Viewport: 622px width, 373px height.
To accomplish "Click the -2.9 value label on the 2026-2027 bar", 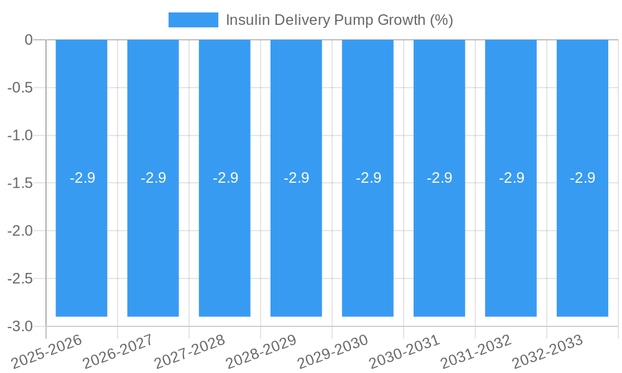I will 153,178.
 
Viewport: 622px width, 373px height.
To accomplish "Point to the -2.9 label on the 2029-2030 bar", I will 368,178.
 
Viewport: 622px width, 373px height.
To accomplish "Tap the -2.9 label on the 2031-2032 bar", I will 511,178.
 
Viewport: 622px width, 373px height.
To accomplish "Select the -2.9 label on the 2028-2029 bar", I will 296,178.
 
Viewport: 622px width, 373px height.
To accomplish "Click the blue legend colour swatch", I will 193,20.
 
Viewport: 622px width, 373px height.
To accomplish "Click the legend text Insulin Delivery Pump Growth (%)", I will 339,20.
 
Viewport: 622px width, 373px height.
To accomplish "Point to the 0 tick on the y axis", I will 29,40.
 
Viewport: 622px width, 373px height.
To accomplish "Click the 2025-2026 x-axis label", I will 47,352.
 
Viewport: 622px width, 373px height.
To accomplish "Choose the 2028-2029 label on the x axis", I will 261,352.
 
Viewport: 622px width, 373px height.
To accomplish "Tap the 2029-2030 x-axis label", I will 333,352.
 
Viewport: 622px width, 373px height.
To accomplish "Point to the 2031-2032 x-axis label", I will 476,352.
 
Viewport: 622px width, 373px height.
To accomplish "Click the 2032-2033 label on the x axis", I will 547,352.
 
